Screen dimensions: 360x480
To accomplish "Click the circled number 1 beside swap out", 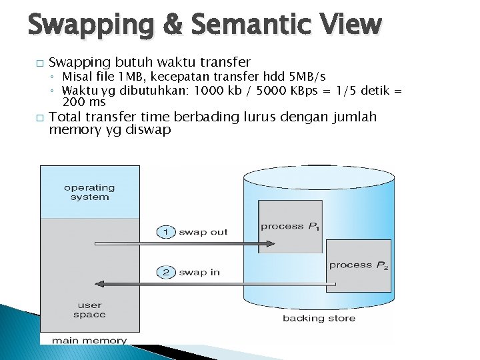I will click(x=165, y=232).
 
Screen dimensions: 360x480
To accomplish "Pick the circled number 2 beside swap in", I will click(x=165, y=272).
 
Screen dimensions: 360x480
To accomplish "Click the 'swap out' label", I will click(x=203, y=232).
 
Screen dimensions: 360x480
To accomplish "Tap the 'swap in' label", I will click(x=199, y=272).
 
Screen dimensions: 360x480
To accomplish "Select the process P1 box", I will click(x=291, y=225).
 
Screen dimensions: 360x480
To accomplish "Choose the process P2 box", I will click(x=359, y=265).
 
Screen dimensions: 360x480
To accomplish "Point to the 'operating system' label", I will click(x=89, y=192).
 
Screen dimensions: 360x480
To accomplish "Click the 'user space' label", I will click(x=89, y=310).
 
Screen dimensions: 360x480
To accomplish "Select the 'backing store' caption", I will click(x=319, y=319).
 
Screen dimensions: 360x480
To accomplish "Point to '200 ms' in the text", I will click(x=84, y=102).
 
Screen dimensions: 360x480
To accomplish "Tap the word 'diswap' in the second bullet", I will click(x=151, y=130).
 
